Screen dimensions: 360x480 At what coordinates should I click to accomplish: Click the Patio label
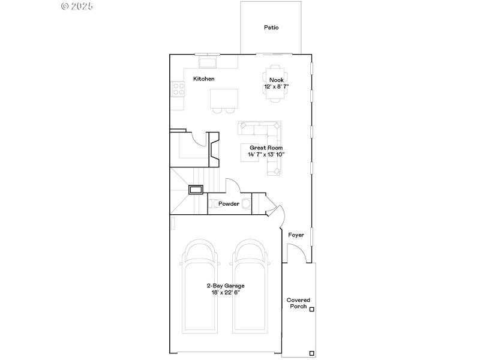[x=271, y=28]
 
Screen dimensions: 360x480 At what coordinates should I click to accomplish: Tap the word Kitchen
[x=203, y=79]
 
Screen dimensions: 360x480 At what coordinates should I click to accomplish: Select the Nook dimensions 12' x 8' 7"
[x=276, y=86]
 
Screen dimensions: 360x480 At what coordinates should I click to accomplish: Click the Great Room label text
[x=266, y=148]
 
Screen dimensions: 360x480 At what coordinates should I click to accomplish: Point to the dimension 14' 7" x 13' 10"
[x=266, y=155]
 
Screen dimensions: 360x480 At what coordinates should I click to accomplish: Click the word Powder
[x=229, y=204]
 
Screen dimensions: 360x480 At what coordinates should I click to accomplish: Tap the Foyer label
[x=296, y=235]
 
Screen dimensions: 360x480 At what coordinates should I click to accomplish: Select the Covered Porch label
[x=298, y=303]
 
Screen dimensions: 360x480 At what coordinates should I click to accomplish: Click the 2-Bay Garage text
[x=226, y=286]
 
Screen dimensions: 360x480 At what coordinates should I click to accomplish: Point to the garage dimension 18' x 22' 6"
[x=226, y=292]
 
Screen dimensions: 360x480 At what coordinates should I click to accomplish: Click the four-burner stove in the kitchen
[x=178, y=89]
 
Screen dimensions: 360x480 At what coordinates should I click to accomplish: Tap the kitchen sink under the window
[x=208, y=62]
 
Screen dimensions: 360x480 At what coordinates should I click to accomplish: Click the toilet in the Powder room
[x=245, y=203]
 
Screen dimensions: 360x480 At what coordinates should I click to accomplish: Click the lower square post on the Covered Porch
[x=311, y=352]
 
